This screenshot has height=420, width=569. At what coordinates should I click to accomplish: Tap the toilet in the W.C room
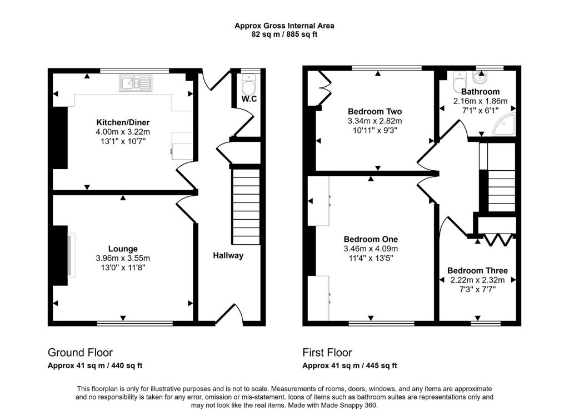tap(248, 86)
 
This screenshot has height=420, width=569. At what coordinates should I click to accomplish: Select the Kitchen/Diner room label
tap(123, 122)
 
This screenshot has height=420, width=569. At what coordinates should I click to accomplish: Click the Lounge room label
tap(123, 249)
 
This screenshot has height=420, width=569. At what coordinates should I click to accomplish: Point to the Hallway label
tap(228, 256)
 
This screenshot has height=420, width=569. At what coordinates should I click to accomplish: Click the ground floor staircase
tap(246, 206)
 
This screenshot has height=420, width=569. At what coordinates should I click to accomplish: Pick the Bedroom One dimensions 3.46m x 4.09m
tap(371, 249)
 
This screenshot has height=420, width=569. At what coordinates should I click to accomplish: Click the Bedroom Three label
tap(477, 271)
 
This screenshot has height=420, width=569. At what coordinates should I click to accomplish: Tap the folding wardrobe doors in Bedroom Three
tap(498, 240)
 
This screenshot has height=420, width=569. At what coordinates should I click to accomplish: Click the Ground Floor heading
tap(80, 353)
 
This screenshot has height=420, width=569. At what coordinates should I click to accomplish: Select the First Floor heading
tap(327, 353)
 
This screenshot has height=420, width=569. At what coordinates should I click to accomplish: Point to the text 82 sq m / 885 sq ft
tap(284, 34)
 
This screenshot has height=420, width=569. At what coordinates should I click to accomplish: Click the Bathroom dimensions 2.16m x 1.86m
tap(480, 101)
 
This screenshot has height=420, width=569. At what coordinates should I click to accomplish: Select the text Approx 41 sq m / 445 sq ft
tap(350, 365)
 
